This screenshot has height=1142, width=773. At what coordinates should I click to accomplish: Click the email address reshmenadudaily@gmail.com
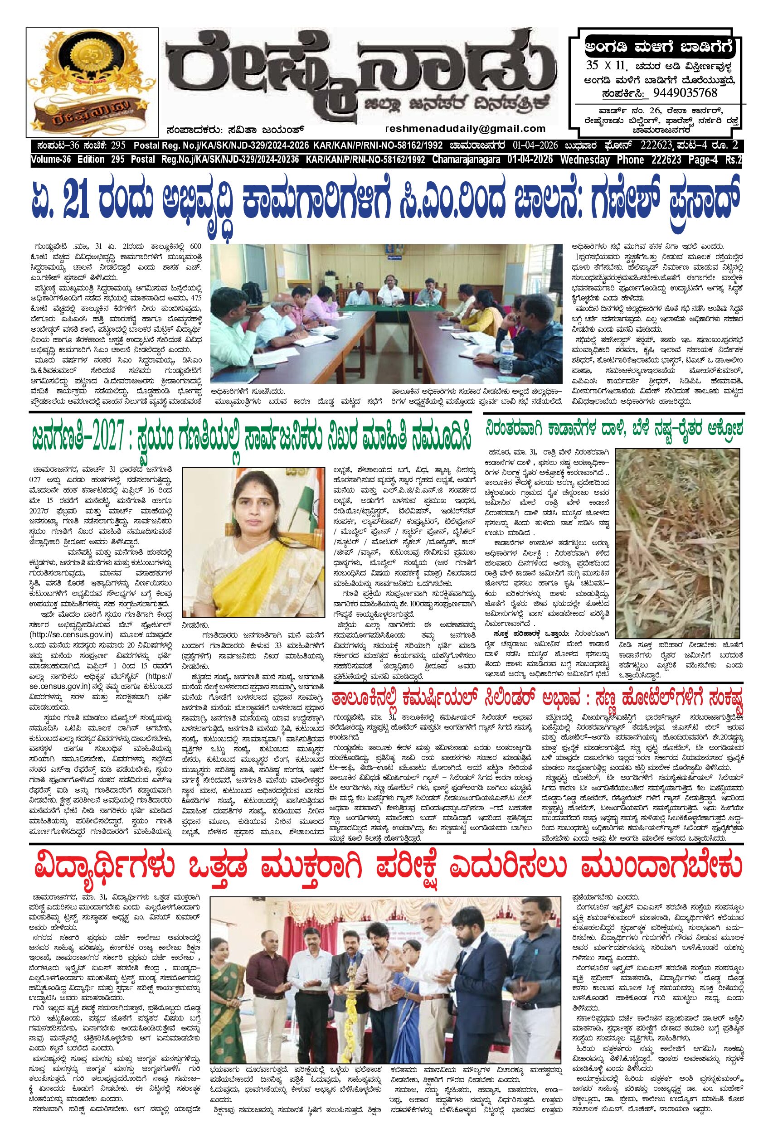466,129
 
